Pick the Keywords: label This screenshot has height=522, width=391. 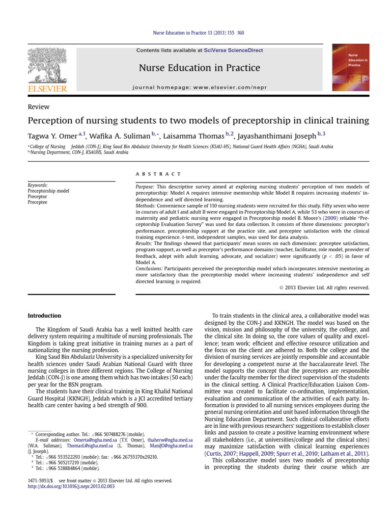tap(38, 186)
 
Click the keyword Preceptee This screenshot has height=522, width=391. tap(37, 202)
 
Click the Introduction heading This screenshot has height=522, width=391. tap(44, 316)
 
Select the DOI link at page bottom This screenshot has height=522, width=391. tap(71, 486)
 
